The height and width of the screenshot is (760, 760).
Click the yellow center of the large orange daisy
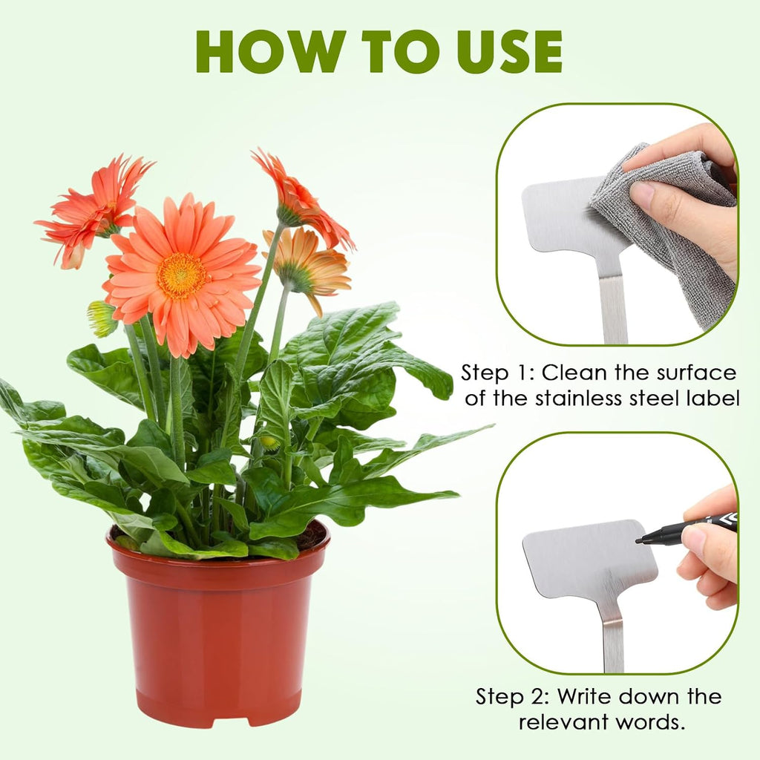point(181,275)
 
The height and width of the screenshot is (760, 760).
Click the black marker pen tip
point(639,540)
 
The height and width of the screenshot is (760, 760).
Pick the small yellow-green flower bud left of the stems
point(102,318)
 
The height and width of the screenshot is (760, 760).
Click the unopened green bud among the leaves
point(270,442)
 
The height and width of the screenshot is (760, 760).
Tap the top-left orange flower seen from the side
point(92,209)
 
